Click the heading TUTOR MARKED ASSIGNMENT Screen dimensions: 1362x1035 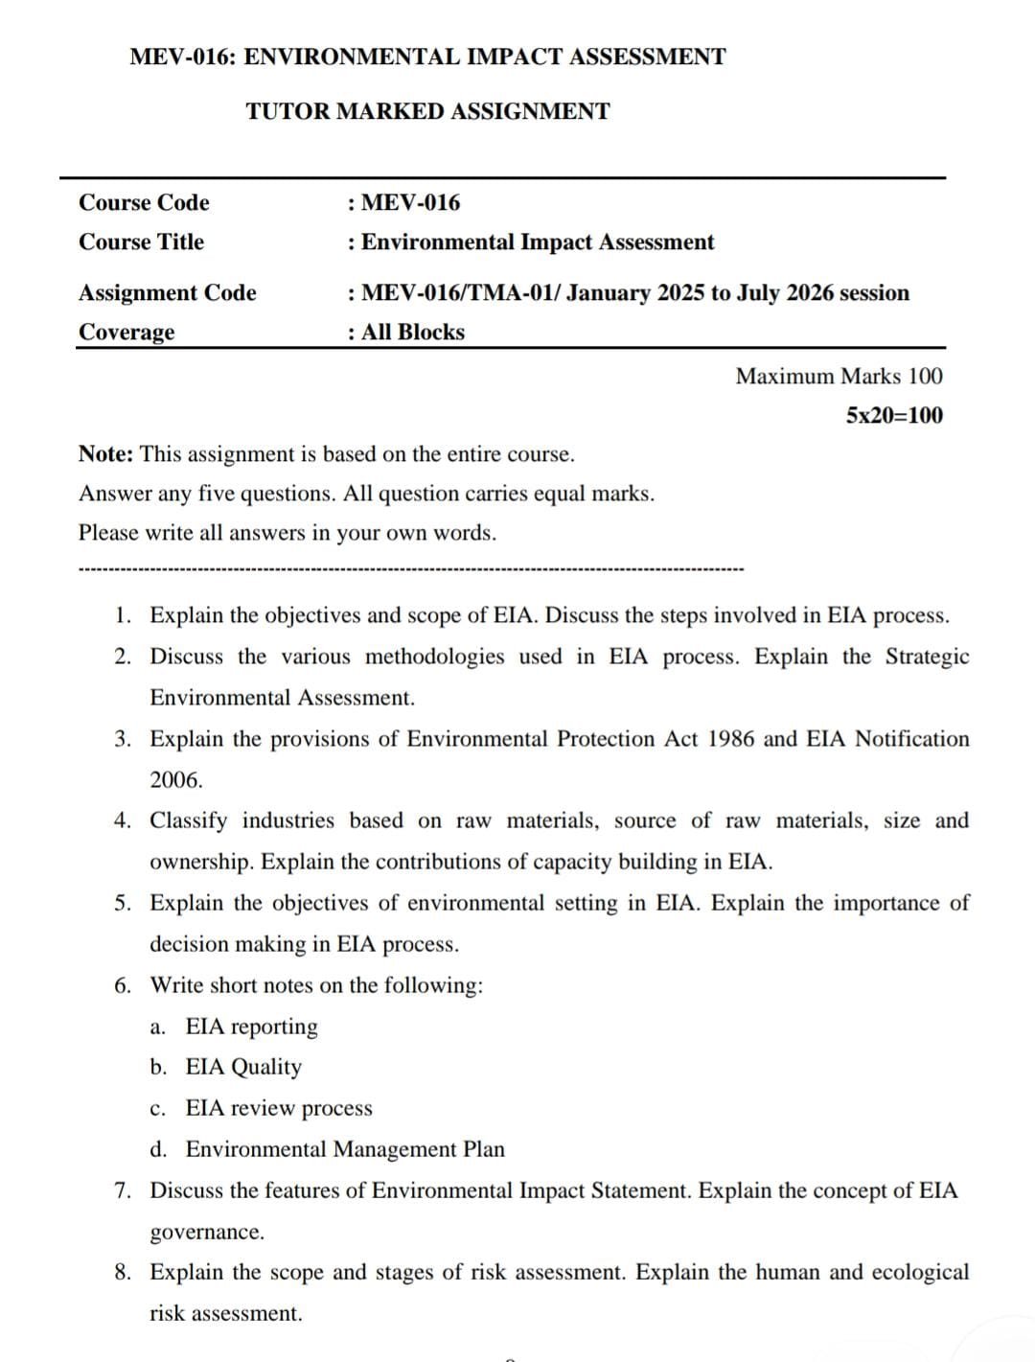[427, 111]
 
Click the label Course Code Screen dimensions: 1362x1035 [144, 202]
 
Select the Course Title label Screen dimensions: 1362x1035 [141, 242]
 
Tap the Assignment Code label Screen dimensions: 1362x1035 [168, 292]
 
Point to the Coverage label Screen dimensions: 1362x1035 [126, 332]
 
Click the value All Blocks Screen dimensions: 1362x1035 [412, 332]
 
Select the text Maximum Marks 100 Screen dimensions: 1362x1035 [839, 376]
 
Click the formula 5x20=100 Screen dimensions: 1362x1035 [894, 415]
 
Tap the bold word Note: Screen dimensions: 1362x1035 [105, 454]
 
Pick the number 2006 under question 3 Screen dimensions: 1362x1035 [176, 780]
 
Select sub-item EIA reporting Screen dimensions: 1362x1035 [251, 1027]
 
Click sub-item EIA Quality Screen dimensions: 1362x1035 [243, 1067]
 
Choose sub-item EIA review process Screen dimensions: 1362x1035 [279, 1108]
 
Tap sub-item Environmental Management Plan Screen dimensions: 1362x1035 [345, 1149]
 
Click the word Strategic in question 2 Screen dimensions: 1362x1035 [927, 657]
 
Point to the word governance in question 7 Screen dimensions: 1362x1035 [206, 1232]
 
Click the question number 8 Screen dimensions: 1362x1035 [123, 1272]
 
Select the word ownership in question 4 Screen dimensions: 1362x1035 [201, 862]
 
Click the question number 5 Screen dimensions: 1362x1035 [123, 903]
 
